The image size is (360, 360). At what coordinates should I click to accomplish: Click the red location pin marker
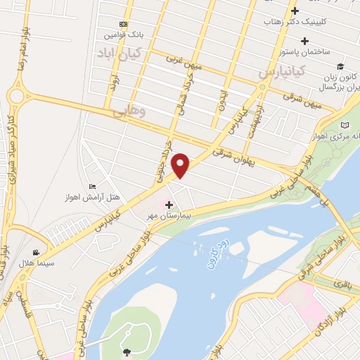(x=181, y=165)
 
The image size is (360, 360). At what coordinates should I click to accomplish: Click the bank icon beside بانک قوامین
(x=124, y=24)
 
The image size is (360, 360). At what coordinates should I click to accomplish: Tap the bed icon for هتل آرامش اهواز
(x=93, y=186)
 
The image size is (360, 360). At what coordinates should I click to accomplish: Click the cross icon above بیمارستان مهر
(x=169, y=204)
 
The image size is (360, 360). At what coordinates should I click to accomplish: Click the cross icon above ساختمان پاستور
(x=304, y=40)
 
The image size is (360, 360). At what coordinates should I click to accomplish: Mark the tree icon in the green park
(x=127, y=352)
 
